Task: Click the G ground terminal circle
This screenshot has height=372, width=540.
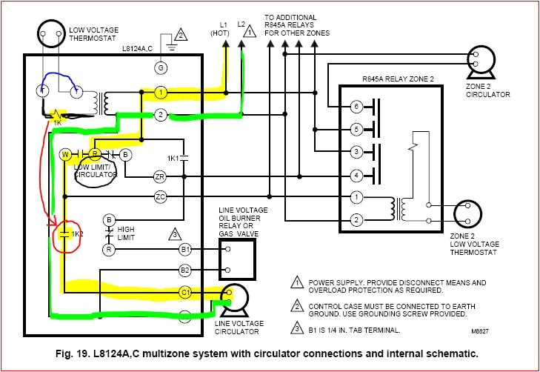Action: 160,67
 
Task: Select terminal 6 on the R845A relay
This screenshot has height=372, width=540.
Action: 356,107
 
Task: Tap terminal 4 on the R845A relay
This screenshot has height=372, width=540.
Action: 356,175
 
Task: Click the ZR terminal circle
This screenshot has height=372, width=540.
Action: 160,176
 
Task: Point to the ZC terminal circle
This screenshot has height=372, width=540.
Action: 160,196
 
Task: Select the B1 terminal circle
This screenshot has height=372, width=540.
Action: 185,250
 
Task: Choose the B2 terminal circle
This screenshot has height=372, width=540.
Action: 185,270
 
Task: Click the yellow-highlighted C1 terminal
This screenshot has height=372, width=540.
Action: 185,293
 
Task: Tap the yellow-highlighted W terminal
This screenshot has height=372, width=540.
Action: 65,154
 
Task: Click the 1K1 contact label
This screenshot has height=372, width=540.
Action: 172,159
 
